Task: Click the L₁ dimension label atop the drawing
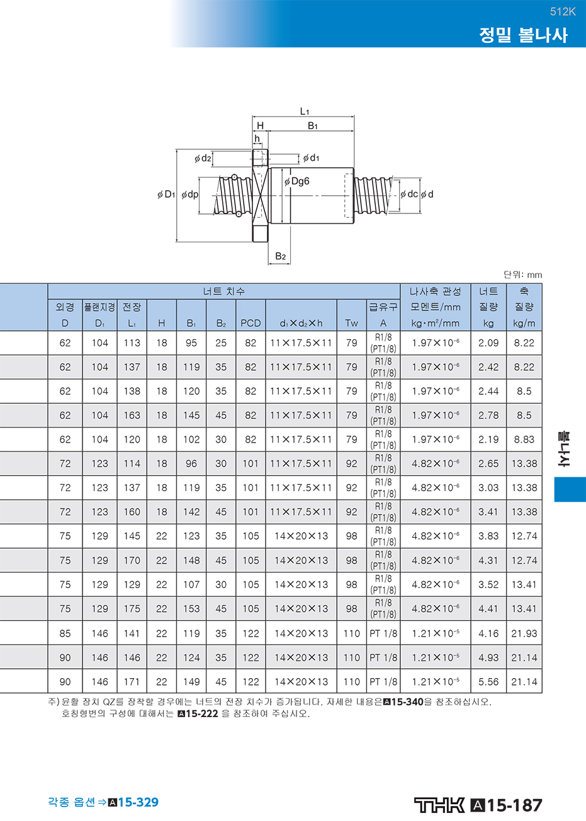point(305,111)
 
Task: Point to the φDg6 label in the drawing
point(297,181)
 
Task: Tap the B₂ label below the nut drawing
point(280,256)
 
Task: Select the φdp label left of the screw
point(190,195)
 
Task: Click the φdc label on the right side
point(409,194)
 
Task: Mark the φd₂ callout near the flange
point(203,158)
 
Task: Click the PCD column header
point(251,323)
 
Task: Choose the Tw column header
point(351,323)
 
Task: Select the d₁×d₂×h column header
point(301,323)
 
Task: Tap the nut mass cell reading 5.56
point(488,682)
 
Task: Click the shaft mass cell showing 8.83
point(524,439)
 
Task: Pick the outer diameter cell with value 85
point(65,633)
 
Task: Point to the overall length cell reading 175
point(132,609)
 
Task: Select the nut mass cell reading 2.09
point(488,343)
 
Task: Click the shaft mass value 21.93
point(524,633)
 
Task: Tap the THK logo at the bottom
point(439,805)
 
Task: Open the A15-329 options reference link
point(133,802)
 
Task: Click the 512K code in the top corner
point(563,12)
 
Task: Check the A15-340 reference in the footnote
point(403,702)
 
